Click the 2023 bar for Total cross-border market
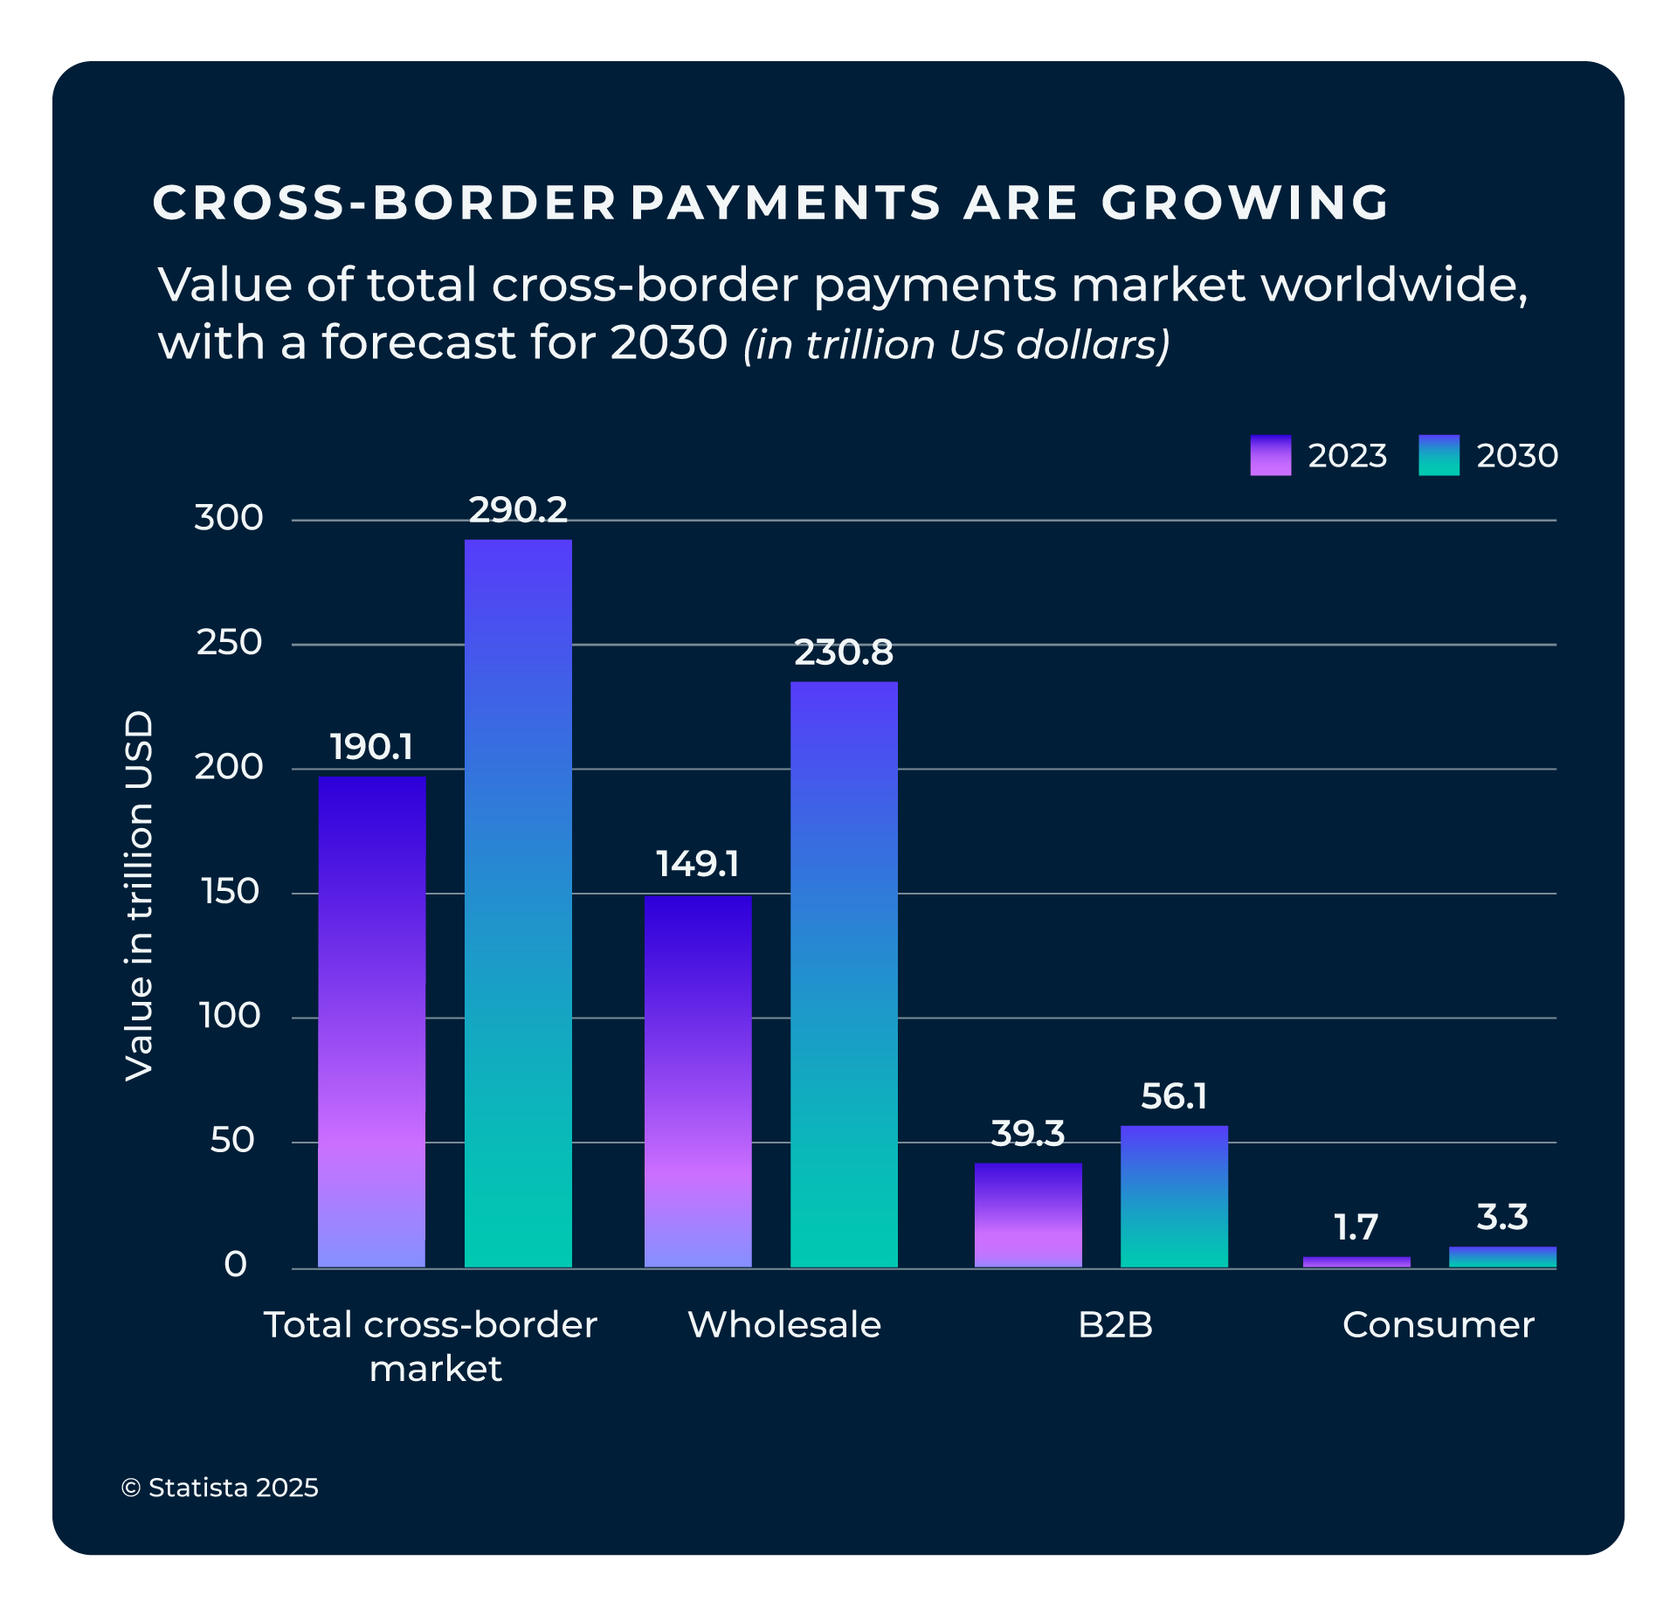point(371,1021)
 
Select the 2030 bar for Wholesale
point(844,974)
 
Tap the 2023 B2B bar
point(1028,1214)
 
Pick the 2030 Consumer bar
point(1502,1256)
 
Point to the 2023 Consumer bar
point(1356,1261)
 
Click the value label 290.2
point(518,510)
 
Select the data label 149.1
point(697,864)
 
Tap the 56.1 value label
point(1174,1096)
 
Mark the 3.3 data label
point(1502,1217)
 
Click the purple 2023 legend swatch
point(1270,455)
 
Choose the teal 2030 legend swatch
point(1439,455)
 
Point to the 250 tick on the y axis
point(229,643)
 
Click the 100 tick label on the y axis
point(229,1016)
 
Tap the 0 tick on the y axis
point(235,1265)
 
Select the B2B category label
point(1115,1325)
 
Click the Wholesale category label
point(784,1325)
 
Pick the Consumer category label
point(1438,1325)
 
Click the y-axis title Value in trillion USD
point(140,895)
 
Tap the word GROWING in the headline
point(1244,203)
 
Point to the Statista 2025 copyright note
point(220,1488)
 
